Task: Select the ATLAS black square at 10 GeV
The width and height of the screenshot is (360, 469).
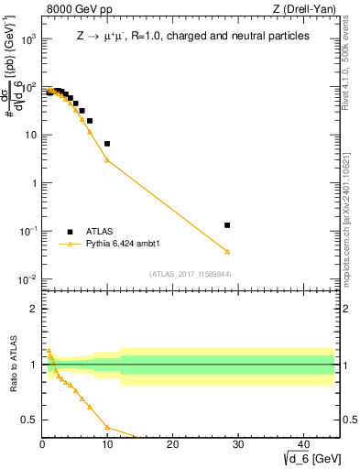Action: click(x=107, y=144)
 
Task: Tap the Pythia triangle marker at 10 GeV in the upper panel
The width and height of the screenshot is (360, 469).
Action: click(x=107, y=160)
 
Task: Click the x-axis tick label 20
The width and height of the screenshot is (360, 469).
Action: click(x=172, y=444)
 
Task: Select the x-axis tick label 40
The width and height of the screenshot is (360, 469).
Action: click(x=302, y=444)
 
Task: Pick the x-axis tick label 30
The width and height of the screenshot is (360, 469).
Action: click(x=237, y=444)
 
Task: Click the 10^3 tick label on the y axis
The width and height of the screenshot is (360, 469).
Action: click(x=27, y=39)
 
